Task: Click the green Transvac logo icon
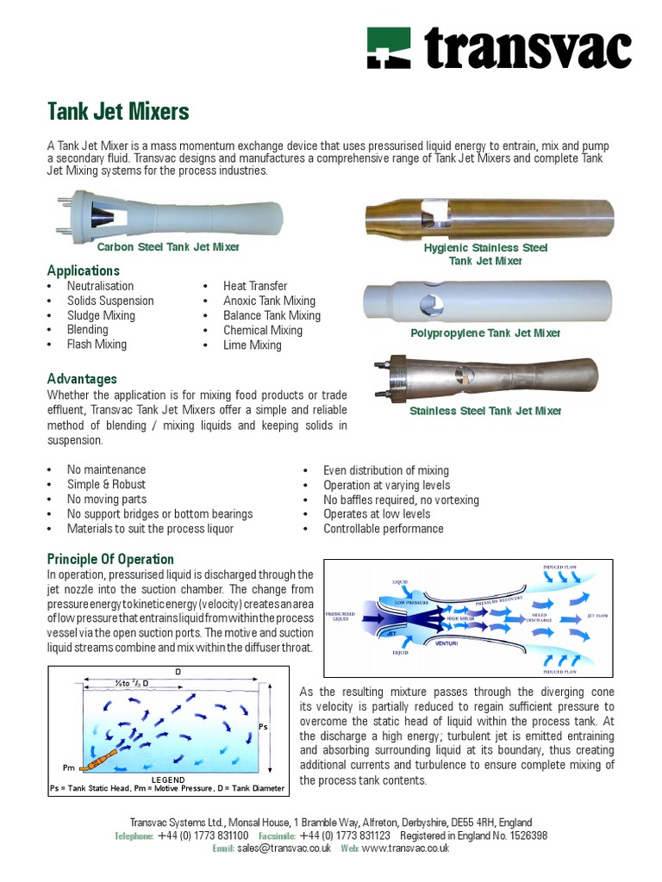pos(389,48)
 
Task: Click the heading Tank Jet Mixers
pos(118,111)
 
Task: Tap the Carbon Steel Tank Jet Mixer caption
pos(168,247)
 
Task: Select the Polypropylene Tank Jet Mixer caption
pos(485,332)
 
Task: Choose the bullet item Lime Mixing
pos(252,345)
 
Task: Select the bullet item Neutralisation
pos(100,286)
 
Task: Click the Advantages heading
pos(82,379)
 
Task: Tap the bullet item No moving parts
pos(106,500)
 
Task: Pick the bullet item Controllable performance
pos(383,529)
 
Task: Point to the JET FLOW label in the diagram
pos(598,616)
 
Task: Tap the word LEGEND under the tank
pos(168,779)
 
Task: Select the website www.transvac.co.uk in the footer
pos(405,848)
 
